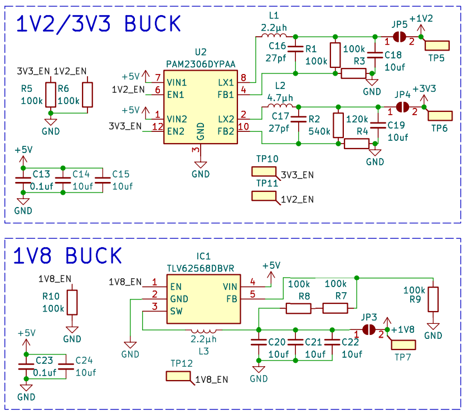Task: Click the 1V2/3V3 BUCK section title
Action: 98,24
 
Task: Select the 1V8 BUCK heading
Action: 67,255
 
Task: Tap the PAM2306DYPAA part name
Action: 201,64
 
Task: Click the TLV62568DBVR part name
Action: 201,269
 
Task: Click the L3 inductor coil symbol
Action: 204,331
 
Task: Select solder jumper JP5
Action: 399,37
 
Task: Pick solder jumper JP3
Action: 369,329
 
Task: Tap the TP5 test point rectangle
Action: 437,46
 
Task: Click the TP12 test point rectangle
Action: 178,376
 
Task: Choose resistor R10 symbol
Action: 72,303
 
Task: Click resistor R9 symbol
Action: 433,299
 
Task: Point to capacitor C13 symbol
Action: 23,180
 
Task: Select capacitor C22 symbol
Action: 332,342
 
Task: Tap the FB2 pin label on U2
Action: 226,131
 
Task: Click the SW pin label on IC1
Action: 176,311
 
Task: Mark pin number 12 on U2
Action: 158,127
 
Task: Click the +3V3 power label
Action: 424,88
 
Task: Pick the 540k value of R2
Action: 319,131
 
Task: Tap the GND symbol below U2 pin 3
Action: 201,165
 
